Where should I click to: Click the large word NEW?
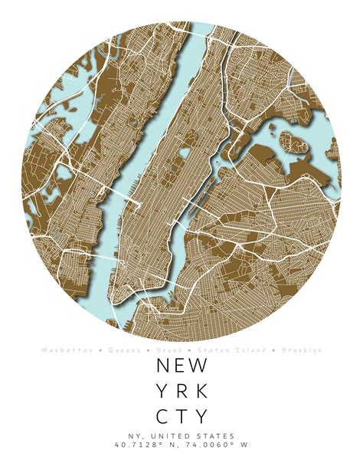181,365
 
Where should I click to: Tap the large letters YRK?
181,391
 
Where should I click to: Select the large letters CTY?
181,417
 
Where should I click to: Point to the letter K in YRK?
201,391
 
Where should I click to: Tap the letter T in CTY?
181,417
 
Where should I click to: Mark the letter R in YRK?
181,391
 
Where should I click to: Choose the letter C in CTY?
162,417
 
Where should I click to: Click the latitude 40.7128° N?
146,445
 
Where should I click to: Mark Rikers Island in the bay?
291,140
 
